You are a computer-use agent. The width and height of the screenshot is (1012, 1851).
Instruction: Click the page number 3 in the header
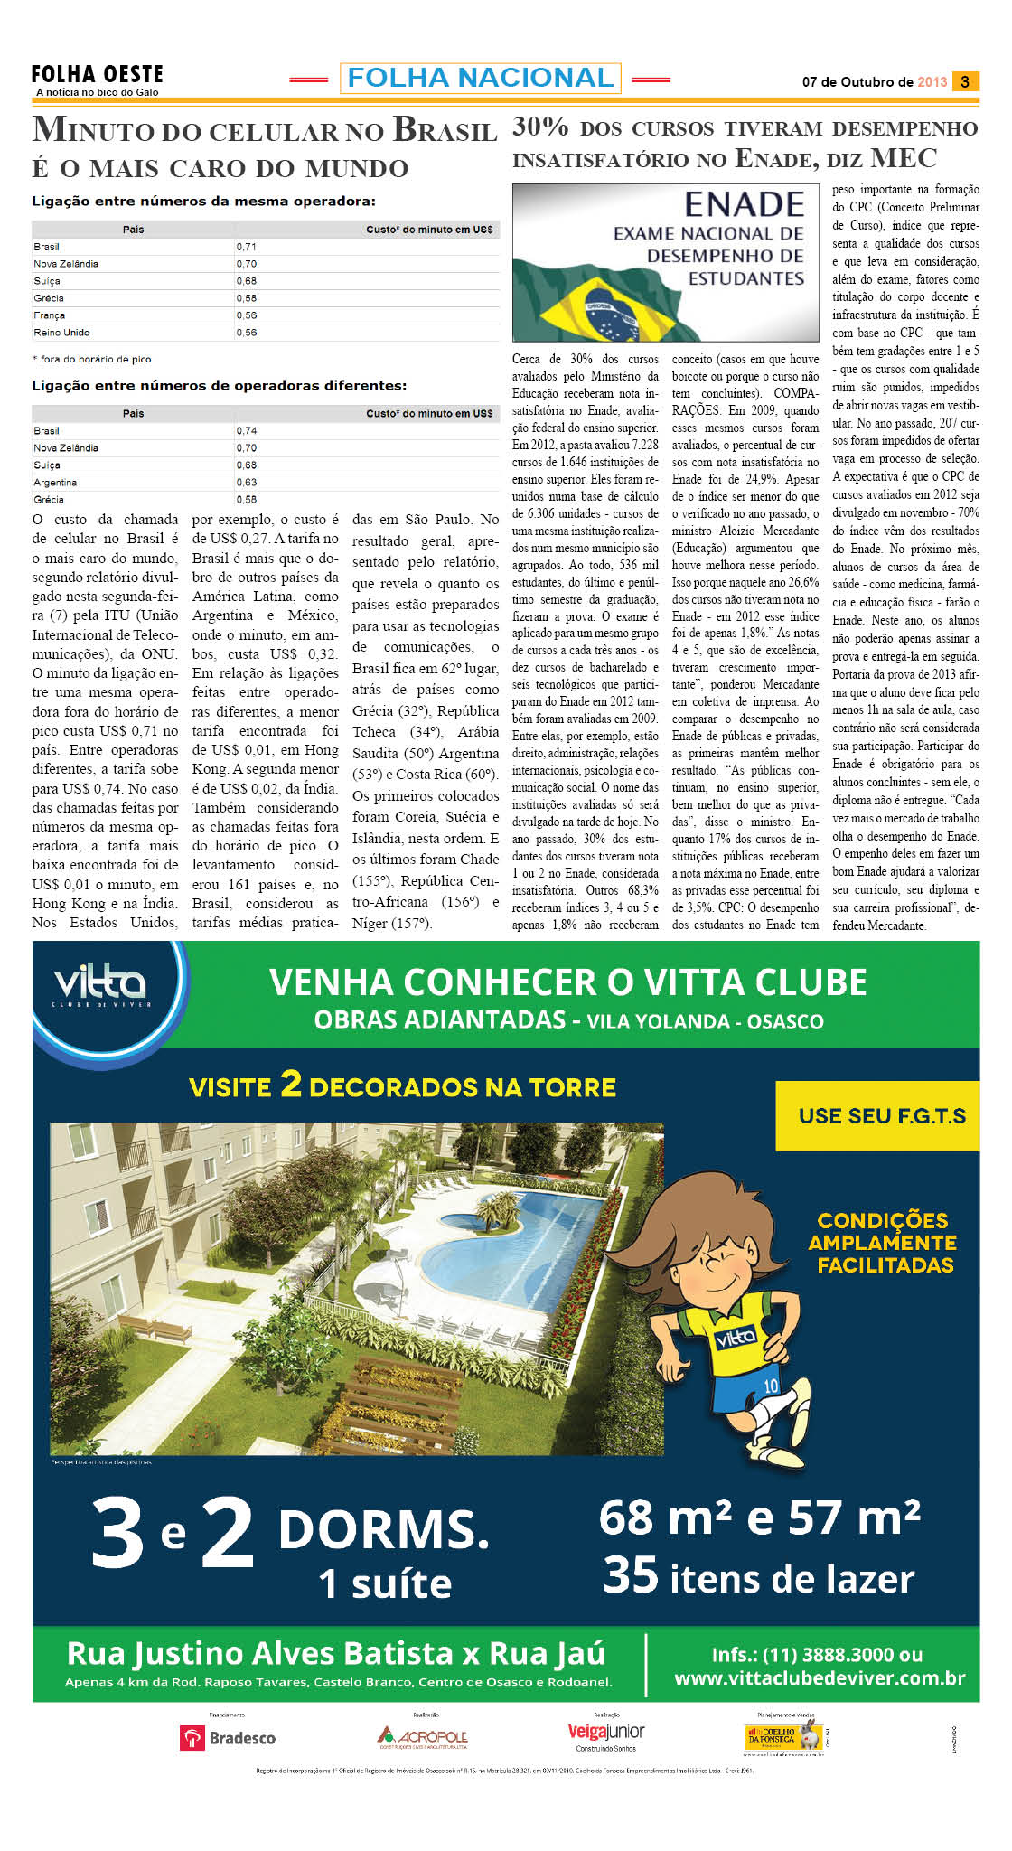[965, 81]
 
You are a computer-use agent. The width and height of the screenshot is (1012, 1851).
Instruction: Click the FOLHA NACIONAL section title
[480, 79]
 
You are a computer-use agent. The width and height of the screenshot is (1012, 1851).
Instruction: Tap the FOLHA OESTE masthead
[97, 75]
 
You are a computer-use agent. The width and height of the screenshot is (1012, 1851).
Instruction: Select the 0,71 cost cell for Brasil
[247, 247]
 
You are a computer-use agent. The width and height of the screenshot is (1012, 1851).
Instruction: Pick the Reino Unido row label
[61, 333]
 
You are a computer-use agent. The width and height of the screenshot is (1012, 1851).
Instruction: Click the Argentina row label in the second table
[55, 483]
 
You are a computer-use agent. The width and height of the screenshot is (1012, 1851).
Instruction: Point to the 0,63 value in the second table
[247, 483]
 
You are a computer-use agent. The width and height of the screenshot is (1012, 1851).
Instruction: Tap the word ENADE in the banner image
[744, 205]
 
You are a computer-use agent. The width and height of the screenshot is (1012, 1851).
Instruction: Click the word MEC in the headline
[904, 159]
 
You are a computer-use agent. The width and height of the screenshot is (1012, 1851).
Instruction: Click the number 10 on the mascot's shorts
[771, 1386]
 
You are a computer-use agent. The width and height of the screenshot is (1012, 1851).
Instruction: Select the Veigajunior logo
[606, 1733]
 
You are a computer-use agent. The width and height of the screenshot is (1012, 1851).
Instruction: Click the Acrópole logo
[422, 1736]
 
